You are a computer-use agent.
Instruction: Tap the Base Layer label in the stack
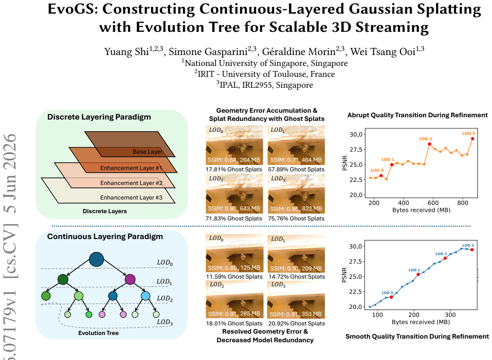[x=148, y=152]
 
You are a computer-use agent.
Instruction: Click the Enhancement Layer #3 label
[x=131, y=197]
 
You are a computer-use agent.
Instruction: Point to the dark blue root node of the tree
[x=97, y=259]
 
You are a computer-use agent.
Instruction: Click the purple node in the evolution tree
[x=130, y=279]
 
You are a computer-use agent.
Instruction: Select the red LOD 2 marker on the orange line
[x=429, y=144]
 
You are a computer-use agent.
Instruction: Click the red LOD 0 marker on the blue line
[x=391, y=297]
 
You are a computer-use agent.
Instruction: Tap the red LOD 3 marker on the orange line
[x=472, y=139]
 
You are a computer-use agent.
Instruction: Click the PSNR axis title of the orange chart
[x=345, y=163]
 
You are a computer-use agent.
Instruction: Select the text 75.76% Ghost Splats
[x=296, y=219]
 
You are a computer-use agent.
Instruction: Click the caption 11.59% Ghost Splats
[x=234, y=276]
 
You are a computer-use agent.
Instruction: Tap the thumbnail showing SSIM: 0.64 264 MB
[x=234, y=145]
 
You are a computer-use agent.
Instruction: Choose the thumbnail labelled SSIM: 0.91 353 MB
[x=296, y=300]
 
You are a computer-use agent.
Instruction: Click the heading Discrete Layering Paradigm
[x=99, y=117]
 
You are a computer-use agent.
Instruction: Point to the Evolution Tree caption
[x=99, y=333]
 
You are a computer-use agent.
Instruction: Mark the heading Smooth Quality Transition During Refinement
[x=417, y=336]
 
